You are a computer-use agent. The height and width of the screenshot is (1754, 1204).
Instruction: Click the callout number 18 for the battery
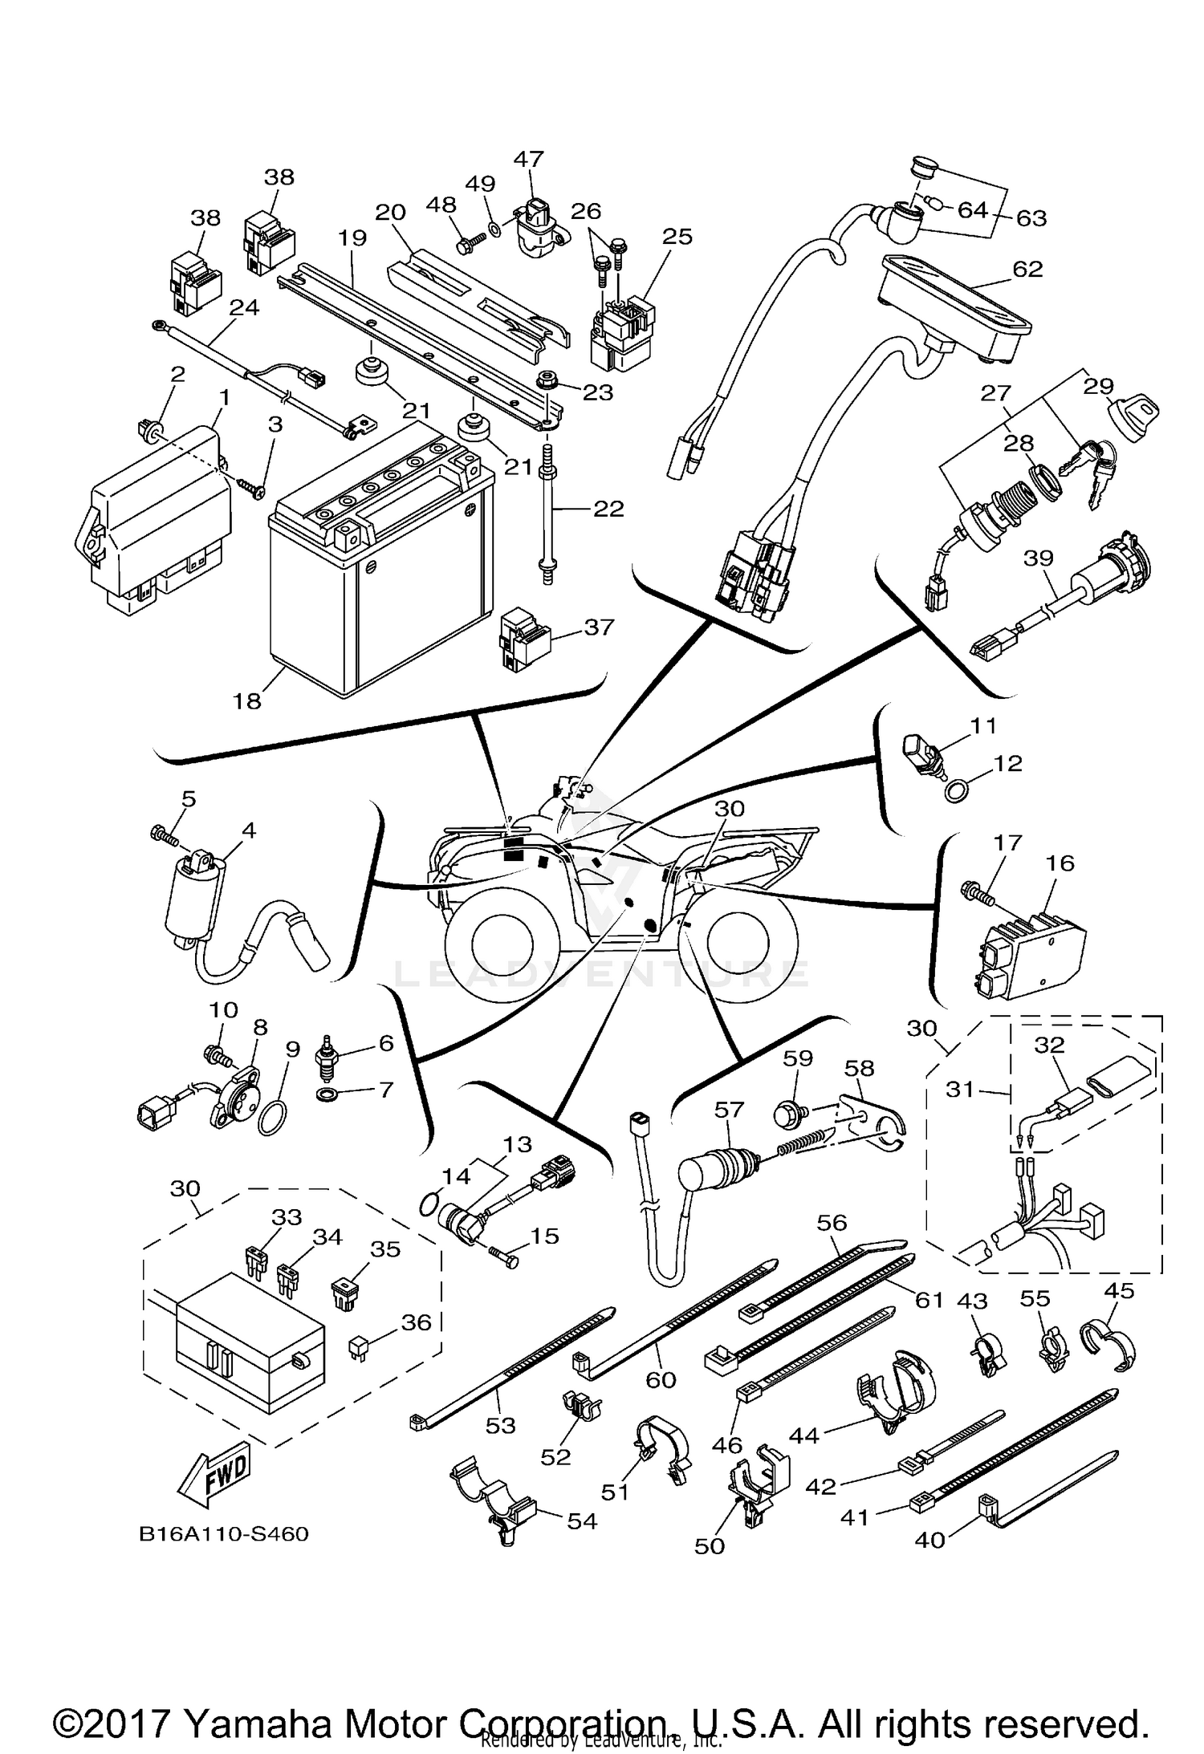247,700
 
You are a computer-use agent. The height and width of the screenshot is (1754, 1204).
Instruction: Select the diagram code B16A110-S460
224,1533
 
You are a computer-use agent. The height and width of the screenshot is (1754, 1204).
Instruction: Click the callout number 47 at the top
529,158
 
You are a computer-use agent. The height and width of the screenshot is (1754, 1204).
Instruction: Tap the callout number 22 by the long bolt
608,508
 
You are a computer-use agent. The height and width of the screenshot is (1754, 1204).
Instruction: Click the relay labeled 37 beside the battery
523,639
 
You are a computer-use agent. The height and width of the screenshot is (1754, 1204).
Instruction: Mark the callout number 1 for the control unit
226,397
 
